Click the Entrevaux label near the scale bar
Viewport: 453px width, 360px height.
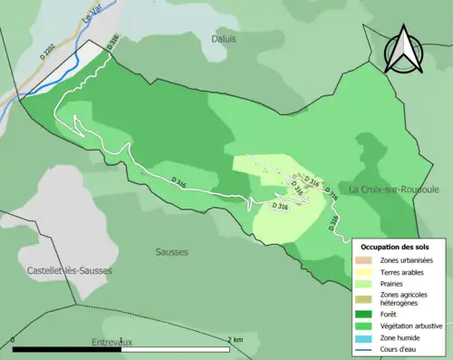tap(112, 342)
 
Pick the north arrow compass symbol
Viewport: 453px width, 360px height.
tap(404, 50)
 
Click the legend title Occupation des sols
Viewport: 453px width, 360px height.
tap(396, 247)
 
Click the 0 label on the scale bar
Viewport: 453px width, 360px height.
tap(14, 340)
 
